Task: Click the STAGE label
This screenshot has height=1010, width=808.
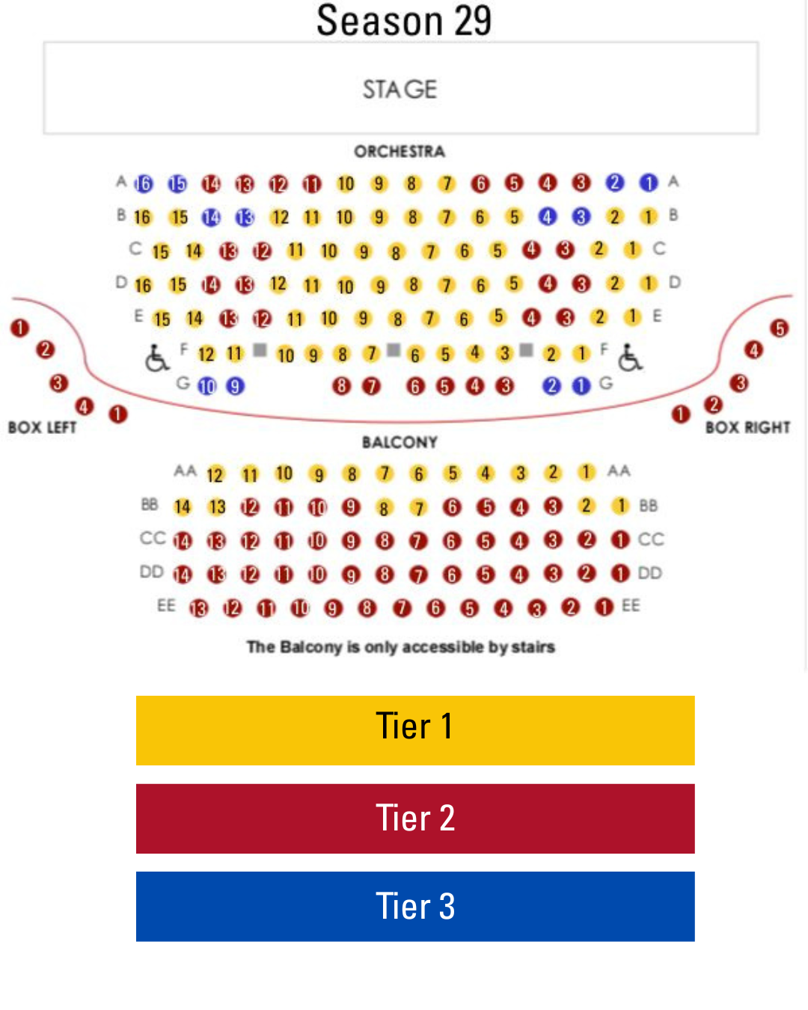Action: coord(400,89)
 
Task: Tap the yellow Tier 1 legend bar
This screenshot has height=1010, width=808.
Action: coord(415,730)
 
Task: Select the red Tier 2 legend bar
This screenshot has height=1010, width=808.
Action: coord(415,818)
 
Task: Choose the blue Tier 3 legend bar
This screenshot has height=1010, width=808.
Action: coord(415,906)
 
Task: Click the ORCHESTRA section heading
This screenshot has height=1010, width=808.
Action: coord(400,151)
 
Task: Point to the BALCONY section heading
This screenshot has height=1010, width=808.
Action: coord(400,442)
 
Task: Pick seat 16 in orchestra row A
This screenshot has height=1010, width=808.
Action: coord(143,183)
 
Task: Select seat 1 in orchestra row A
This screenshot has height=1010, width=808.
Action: coord(649,183)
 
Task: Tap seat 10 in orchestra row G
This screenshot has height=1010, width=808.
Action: coord(206,386)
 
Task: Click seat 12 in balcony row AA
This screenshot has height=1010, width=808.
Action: coord(215,474)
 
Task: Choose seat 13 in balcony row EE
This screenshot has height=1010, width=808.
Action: coord(198,608)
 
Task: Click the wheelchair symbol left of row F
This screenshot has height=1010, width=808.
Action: coord(156,358)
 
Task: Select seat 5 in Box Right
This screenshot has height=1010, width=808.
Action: coord(780,328)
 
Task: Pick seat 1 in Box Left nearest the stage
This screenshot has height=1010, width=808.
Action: coord(19,327)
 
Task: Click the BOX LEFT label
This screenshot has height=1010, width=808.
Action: coord(43,427)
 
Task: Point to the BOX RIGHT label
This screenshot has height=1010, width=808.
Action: coord(747,427)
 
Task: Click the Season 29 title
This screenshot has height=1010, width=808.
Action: coord(404,20)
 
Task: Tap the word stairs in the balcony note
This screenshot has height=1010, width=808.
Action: coord(533,646)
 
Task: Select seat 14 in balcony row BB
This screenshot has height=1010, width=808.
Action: coord(182,507)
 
